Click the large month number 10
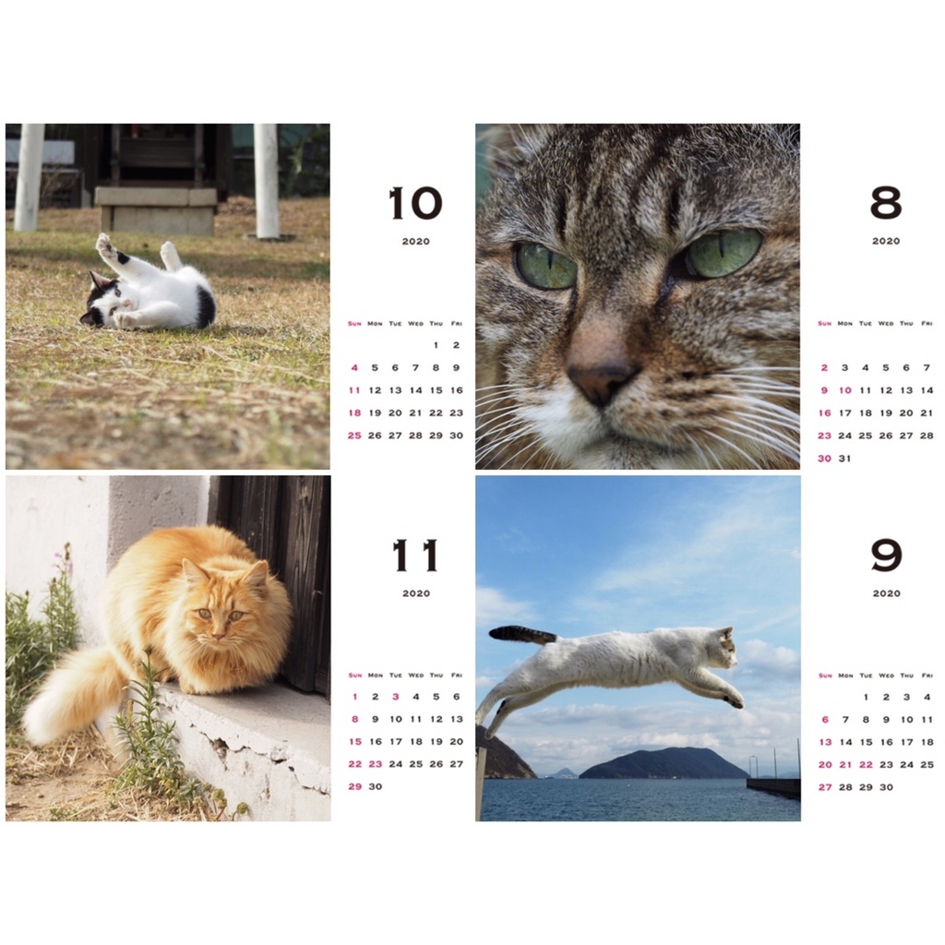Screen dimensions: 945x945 coord(416,203)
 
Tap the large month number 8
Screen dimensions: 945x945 coord(886,203)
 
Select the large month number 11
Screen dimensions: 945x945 coord(415,556)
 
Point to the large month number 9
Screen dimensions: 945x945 coord(886,556)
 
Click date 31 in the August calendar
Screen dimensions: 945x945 coord(845,459)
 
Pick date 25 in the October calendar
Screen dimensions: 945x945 coord(354,436)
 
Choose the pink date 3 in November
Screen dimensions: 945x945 coord(395,697)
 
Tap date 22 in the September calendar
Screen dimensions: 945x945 coord(866,765)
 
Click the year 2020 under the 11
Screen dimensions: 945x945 coord(416,593)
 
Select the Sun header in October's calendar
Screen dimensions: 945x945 coord(354,324)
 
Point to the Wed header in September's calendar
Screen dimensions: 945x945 coord(886,676)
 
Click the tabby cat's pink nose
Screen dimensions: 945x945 coord(603,381)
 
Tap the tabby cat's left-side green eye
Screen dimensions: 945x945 coord(544,266)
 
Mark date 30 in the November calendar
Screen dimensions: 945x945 coord(376,786)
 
